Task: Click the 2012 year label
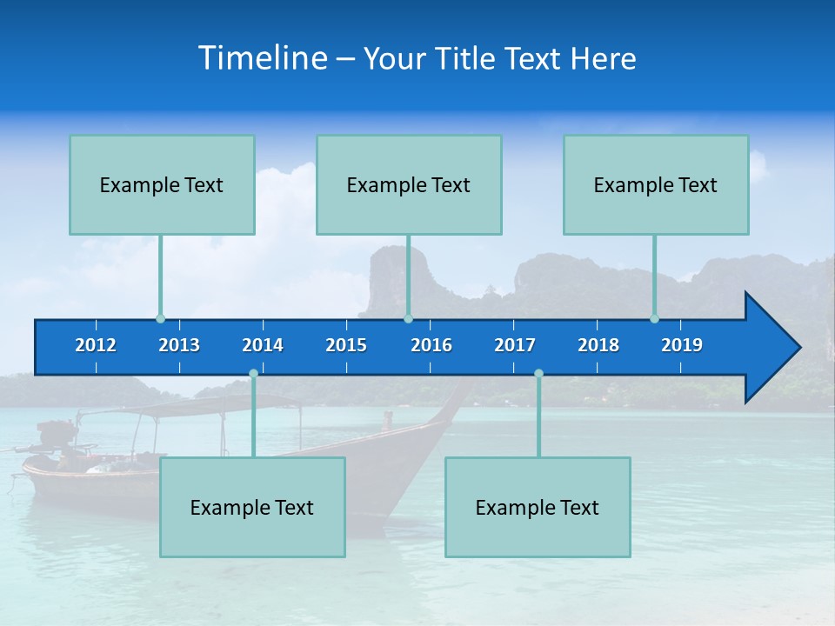coord(96,345)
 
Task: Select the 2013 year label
coord(179,345)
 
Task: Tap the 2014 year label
coord(263,345)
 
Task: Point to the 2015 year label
coord(346,345)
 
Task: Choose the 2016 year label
coord(431,345)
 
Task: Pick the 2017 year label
coord(515,345)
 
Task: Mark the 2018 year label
coord(598,345)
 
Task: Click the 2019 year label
coord(682,345)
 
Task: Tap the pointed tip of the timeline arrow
coord(798,348)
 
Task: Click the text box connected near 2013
coord(162,184)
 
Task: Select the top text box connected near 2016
coord(409,184)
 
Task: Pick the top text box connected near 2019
coord(656,184)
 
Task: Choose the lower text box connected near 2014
coord(252,507)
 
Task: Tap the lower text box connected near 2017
coord(538,507)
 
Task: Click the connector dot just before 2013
coord(161,319)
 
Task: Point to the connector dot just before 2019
coord(655,319)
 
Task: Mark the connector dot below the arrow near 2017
coord(538,374)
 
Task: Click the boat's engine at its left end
coord(54,435)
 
